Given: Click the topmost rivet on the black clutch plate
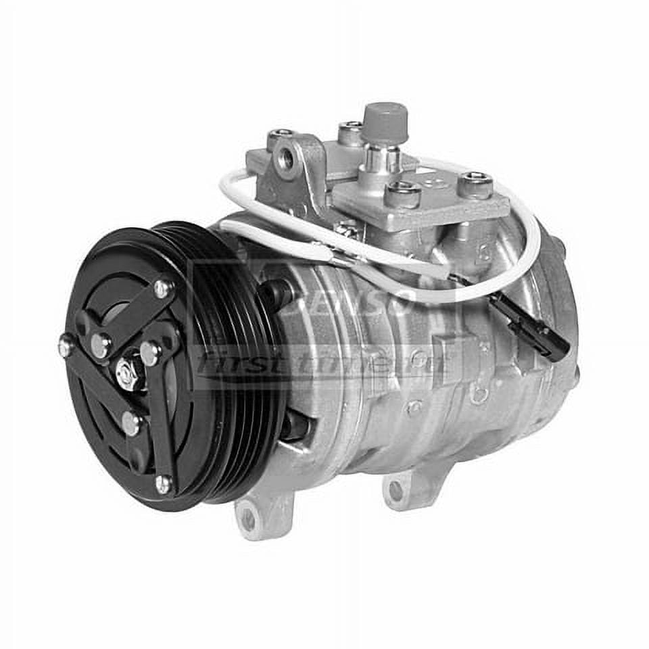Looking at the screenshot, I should click(x=162, y=288).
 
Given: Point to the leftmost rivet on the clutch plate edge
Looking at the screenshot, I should click(x=66, y=346).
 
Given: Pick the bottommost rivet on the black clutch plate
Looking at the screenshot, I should click(x=163, y=483).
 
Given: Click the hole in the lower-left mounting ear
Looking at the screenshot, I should click(x=248, y=519).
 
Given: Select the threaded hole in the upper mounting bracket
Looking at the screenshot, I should click(x=287, y=159).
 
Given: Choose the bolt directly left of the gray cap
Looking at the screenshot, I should click(x=351, y=132).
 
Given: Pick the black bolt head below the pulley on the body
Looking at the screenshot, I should click(x=295, y=426).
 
